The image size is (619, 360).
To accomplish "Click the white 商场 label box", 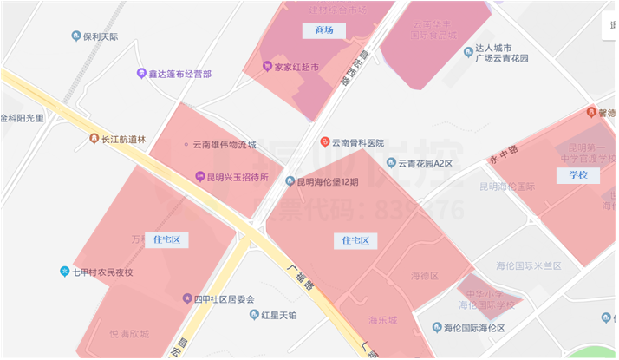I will coord(324,30).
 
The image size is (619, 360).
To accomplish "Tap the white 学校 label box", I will coord(577,175).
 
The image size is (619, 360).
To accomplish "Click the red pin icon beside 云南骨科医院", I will coord(325,141).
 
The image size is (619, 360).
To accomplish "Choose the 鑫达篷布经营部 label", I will coord(180,74).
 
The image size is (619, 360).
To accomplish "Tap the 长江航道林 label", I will coord(124,139).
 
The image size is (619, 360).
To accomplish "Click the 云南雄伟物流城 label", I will coord(224,145).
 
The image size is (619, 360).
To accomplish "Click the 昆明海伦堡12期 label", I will coord(327,182).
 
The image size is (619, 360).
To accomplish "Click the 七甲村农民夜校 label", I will coord(102,272).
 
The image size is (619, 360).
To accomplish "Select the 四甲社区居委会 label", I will coord(224,299).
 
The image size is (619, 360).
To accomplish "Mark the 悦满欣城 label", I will coord(129,333).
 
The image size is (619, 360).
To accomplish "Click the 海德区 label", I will coord(425,275).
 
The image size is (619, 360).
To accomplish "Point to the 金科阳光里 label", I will coord(23,118).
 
